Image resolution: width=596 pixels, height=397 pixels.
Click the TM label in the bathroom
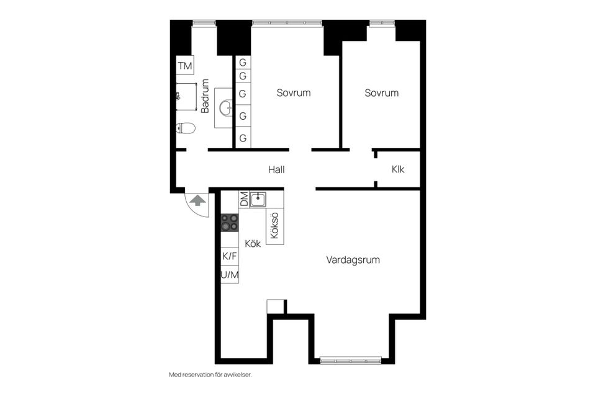185,66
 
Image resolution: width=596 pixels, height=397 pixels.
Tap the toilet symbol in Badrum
186,128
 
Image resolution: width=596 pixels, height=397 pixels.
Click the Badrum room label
205,96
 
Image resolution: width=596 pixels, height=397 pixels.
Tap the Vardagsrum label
353,260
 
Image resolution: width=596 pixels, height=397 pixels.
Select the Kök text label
253,244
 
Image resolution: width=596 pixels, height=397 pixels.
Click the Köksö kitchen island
275,226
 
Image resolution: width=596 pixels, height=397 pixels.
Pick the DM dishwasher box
244,199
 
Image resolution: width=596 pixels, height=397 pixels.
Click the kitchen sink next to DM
259,199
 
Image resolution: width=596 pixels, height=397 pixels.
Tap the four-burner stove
230,223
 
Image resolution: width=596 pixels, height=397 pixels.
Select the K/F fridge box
230,256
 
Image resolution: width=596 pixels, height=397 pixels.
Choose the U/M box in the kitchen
230,274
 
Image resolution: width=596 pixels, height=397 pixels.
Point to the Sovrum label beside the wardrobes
293,93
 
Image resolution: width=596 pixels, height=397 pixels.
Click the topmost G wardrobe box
243,63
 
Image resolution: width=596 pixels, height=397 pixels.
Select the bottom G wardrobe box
243,138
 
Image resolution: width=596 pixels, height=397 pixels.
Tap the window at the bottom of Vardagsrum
350,359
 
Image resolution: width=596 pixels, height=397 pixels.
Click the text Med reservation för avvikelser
210,375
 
